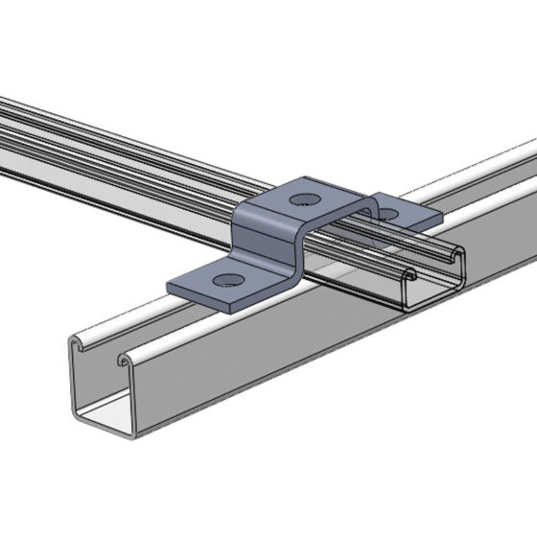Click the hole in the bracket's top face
tap(305, 199)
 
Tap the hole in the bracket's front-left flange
tap(226, 281)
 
